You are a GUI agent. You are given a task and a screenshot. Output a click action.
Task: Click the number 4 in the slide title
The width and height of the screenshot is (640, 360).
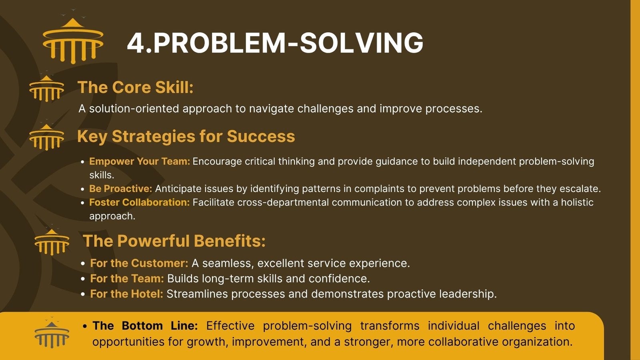136,43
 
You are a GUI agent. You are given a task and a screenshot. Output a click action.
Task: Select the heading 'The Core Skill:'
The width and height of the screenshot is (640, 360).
136,87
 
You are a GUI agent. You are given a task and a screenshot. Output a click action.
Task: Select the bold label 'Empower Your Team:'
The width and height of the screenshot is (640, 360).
140,162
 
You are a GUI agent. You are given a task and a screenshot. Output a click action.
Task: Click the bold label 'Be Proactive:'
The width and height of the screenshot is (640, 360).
120,188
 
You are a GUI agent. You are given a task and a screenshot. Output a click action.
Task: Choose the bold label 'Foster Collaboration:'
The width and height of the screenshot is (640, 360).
140,202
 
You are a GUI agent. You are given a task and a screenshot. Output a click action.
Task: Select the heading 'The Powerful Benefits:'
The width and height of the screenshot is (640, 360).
174,241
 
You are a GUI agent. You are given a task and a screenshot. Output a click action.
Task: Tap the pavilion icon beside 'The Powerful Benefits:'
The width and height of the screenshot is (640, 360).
52,242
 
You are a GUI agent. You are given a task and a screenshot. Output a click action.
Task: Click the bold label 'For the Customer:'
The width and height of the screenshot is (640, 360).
139,263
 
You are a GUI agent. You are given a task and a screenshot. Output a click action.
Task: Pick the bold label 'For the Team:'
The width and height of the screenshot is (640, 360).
127,278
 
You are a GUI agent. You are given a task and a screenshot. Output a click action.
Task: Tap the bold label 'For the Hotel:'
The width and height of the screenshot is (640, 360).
126,294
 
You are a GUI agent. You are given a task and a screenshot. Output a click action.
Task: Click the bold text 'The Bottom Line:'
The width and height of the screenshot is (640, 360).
145,326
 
